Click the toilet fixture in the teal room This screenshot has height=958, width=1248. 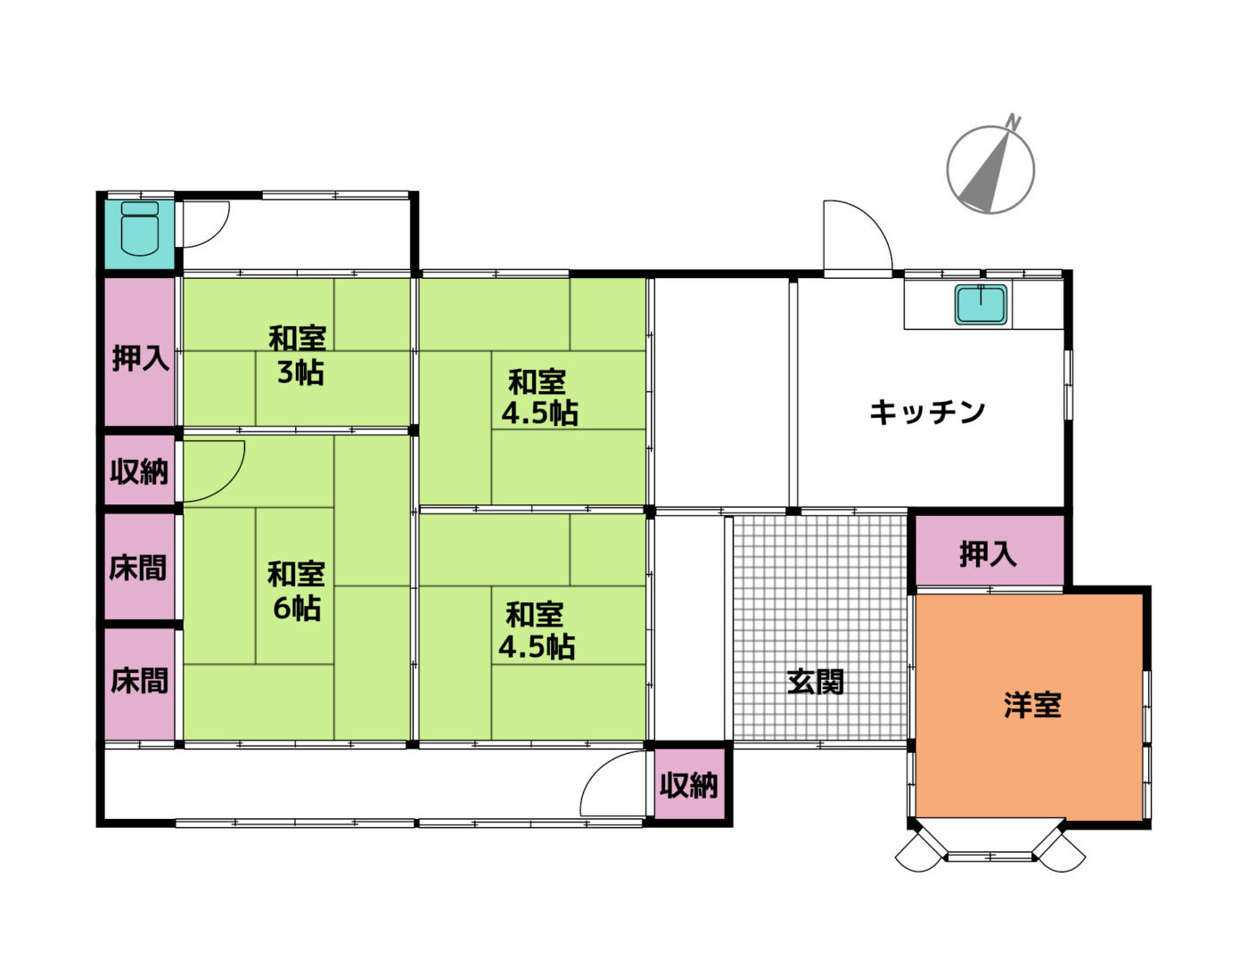point(140,228)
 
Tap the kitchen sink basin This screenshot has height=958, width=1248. point(981,304)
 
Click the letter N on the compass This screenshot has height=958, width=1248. point(1014,122)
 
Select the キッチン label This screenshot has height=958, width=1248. point(926,412)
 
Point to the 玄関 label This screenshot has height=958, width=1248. point(816,682)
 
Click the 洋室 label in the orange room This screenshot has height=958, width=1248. point(1032,706)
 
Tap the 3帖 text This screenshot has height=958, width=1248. point(300,373)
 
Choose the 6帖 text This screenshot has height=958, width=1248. point(297,608)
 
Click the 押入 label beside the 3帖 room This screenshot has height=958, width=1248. point(140,358)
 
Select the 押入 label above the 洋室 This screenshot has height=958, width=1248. point(988,554)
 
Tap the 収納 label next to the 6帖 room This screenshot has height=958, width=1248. point(139,471)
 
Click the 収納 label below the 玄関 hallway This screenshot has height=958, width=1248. point(688,785)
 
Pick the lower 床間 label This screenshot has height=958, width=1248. point(139,681)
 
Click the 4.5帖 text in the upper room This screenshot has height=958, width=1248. point(540,413)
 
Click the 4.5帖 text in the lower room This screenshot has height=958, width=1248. point(537,647)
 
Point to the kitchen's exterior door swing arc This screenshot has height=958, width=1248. point(873,221)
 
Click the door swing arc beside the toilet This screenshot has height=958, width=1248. point(221,233)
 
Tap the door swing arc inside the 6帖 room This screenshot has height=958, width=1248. point(230,481)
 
